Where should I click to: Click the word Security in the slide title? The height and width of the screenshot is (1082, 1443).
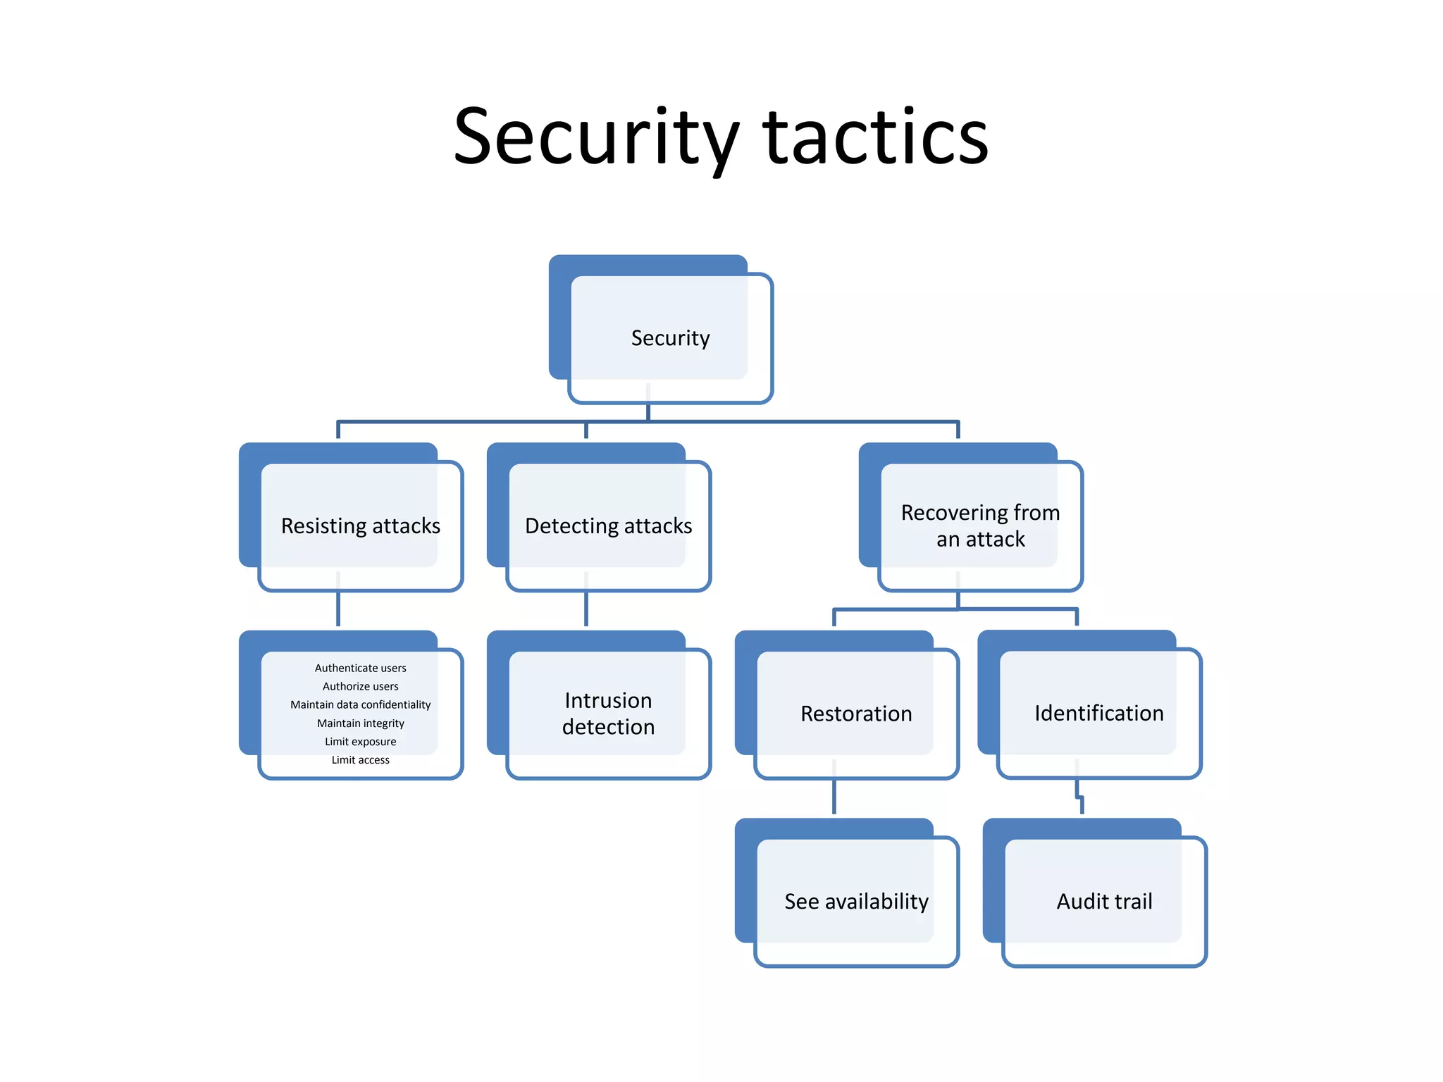(x=595, y=137)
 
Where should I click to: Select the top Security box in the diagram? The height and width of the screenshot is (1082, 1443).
(x=670, y=338)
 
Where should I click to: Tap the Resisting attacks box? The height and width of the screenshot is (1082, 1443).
(x=360, y=526)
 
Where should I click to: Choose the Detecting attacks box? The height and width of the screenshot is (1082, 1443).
(x=608, y=526)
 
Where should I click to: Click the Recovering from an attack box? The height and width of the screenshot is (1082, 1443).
(x=980, y=526)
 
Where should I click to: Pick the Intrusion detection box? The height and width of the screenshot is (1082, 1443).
(x=608, y=714)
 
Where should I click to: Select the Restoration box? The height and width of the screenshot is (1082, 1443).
(x=856, y=714)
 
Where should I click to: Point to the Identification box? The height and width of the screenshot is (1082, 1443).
(x=1098, y=714)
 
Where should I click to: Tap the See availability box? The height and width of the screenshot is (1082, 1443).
(x=856, y=902)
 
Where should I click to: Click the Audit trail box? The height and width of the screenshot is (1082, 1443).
(x=1104, y=902)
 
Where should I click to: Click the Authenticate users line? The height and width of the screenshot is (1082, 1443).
(x=360, y=668)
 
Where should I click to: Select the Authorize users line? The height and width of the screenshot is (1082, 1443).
(x=360, y=686)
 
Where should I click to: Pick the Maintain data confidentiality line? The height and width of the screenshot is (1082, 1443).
(x=360, y=704)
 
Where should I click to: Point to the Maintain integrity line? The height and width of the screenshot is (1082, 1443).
(x=360, y=723)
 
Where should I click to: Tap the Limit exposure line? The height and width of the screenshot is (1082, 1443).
(x=360, y=742)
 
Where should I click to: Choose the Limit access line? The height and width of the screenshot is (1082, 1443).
(x=360, y=760)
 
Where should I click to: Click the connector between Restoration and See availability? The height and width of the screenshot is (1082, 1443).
(x=834, y=796)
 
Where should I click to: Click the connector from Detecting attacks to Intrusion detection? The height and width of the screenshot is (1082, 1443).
(x=586, y=609)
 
